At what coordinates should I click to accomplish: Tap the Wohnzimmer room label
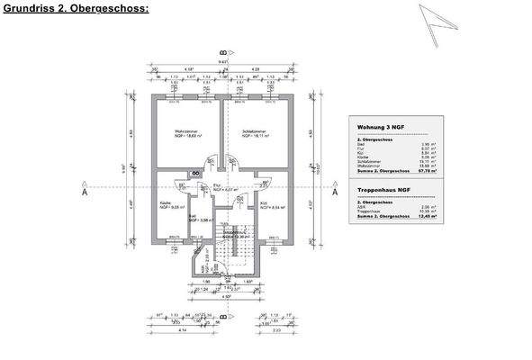[x=185, y=133]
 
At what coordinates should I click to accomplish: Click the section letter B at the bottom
[x=222, y=316]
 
